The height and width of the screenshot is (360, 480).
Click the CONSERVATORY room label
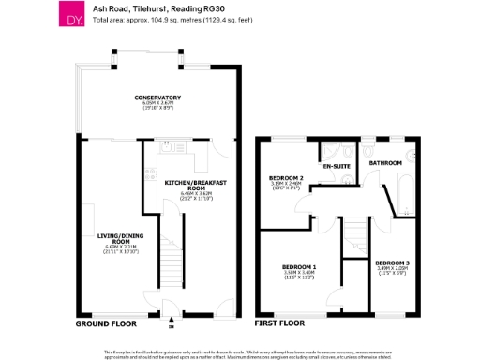[x=157, y=97]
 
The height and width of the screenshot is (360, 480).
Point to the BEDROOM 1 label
[x=298, y=267]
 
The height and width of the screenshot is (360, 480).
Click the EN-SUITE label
[x=336, y=167]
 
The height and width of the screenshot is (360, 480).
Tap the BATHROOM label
[x=384, y=163]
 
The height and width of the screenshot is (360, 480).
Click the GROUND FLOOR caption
[x=105, y=323]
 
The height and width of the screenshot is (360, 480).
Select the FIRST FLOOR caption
[x=279, y=323]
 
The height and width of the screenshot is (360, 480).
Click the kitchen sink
[x=165, y=148]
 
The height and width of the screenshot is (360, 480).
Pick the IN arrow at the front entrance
[x=170, y=322]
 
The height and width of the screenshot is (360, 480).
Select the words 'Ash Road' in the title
[x=110, y=7]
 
